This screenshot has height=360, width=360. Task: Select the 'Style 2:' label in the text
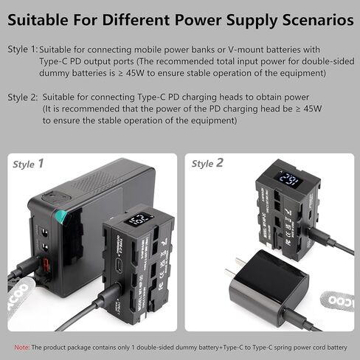click(x=22, y=97)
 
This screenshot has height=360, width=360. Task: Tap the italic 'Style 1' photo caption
click(x=28, y=163)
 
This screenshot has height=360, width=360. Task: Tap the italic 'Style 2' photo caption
click(x=208, y=162)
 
